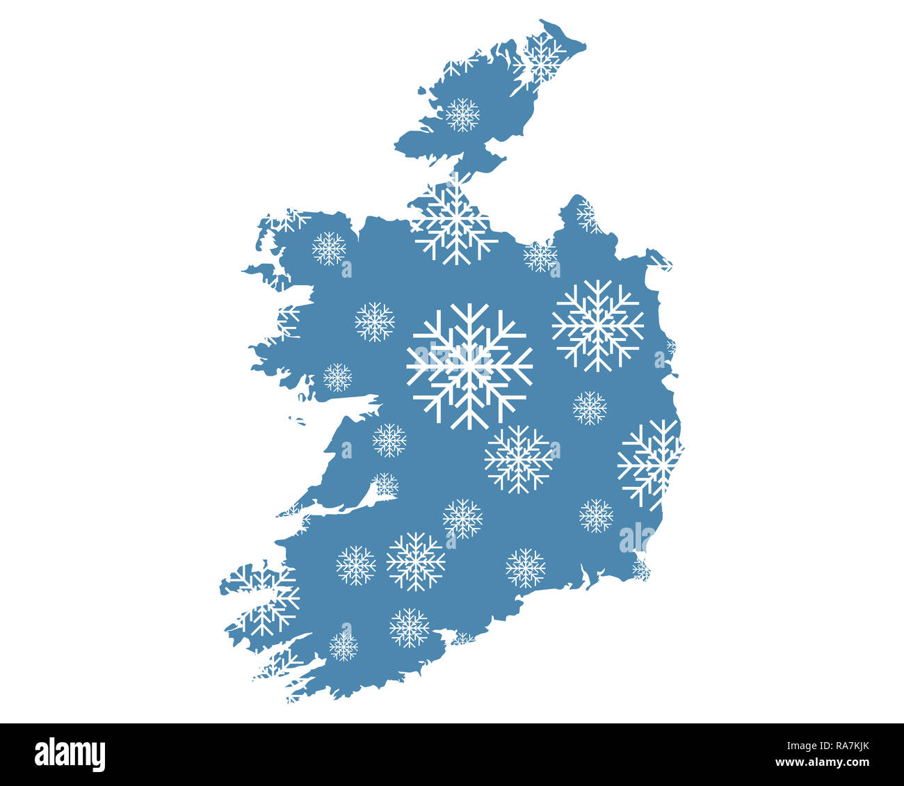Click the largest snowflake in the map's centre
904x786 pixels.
point(469,366)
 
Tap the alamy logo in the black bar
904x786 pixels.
point(70,755)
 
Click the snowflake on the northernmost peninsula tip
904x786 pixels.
point(539,59)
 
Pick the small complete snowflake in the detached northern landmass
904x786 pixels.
point(462,115)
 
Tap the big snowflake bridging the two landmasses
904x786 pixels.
point(453,221)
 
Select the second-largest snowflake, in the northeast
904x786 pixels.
point(597,325)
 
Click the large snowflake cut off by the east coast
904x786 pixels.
point(649,463)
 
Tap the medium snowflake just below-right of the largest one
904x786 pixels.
point(518,459)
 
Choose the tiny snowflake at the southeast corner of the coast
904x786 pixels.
point(640,570)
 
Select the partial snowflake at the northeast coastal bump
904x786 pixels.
point(588,215)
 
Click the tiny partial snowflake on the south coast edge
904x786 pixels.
point(463,638)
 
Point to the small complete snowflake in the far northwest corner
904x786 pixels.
point(328,248)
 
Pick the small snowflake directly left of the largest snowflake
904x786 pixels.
point(374,321)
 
